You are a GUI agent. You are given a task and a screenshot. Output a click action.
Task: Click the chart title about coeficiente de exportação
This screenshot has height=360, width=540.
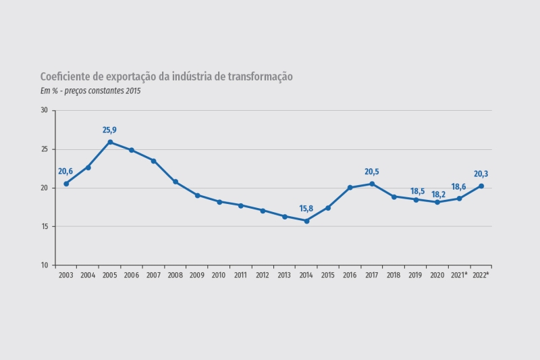(166, 77)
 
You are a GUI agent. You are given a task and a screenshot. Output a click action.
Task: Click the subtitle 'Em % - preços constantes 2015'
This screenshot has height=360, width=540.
(90, 91)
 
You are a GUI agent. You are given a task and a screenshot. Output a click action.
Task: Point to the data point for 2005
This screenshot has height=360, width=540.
(110, 142)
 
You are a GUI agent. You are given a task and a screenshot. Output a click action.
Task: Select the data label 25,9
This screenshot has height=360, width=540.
(110, 130)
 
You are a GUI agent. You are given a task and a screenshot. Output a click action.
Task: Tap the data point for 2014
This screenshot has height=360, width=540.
(306, 221)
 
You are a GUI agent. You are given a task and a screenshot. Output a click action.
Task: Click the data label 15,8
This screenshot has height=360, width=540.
(306, 209)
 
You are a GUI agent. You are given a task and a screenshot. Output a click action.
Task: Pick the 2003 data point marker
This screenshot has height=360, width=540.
(66, 184)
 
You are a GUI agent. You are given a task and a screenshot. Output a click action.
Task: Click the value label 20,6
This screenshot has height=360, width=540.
(65, 172)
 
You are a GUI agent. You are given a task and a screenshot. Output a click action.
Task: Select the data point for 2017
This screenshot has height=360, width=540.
(372, 184)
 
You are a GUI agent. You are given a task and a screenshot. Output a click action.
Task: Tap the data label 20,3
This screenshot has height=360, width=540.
(481, 174)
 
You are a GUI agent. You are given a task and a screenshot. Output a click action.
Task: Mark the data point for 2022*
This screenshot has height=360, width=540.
(481, 186)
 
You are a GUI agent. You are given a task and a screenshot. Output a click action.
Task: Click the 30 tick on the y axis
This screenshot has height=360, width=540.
(45, 110)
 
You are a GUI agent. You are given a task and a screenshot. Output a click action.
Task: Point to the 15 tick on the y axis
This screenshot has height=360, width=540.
(45, 226)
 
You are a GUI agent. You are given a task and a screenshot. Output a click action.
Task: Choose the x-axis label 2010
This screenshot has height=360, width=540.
(219, 275)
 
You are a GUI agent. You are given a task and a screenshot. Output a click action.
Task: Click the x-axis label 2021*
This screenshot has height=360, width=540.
(459, 275)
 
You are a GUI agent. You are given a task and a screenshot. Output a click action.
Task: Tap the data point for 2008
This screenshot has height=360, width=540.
(175, 182)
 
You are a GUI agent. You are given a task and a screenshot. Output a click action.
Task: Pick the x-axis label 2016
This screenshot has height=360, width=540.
(350, 275)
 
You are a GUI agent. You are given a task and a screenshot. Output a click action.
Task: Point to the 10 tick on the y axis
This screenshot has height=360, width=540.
(45, 265)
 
